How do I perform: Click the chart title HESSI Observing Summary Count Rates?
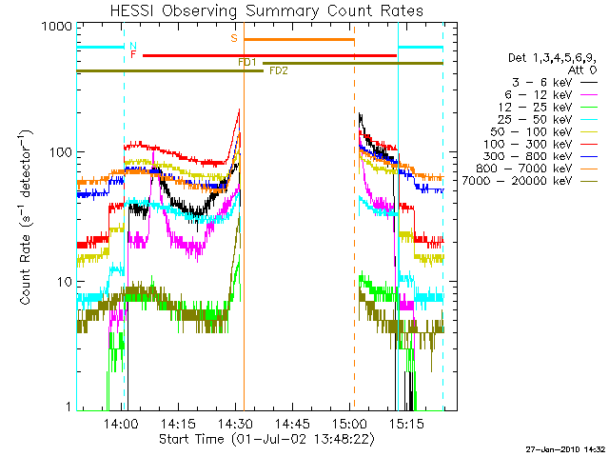[266, 11]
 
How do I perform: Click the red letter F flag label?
[133, 55]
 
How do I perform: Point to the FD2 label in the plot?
[278, 70]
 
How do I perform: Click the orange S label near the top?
[233, 39]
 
